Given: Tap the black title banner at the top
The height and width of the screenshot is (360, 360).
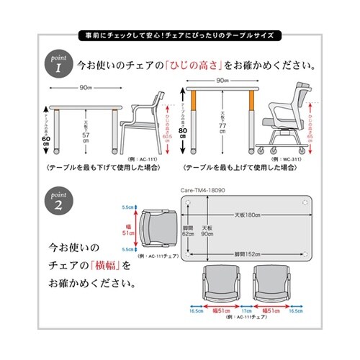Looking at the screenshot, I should [180, 34].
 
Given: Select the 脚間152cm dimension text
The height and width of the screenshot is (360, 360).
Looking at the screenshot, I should [247, 253].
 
